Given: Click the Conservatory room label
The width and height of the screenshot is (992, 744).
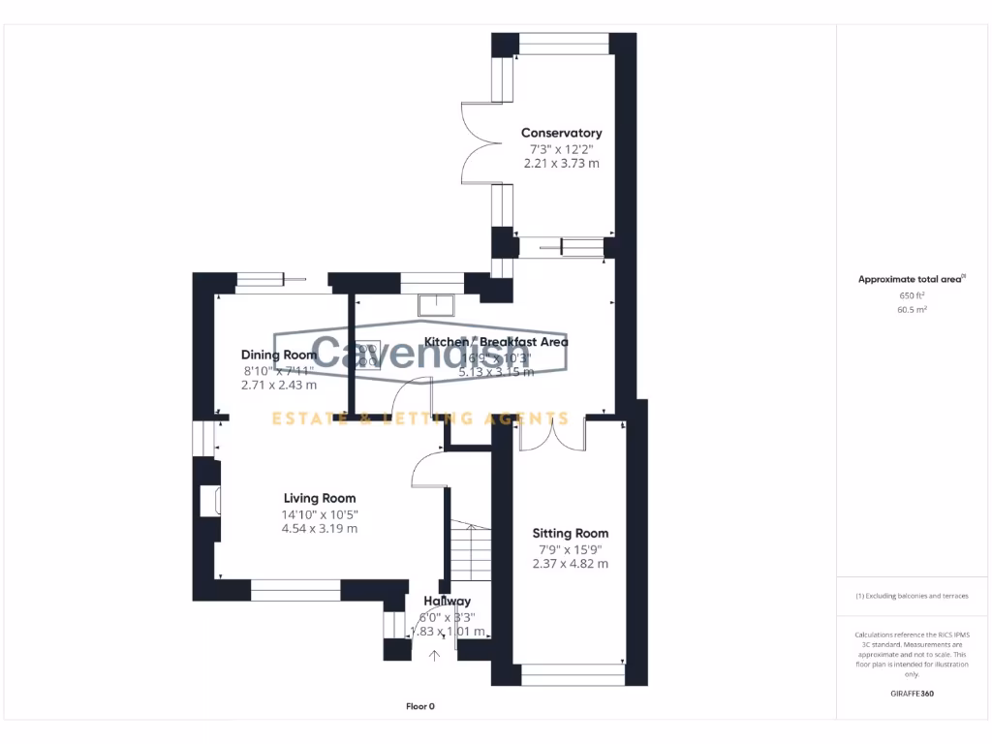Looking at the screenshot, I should [561, 133].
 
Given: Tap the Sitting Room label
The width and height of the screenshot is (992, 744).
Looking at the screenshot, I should [571, 533].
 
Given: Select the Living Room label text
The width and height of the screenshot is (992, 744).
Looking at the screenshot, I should [319, 498].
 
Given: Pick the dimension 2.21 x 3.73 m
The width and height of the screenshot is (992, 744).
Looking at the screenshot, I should [561, 164].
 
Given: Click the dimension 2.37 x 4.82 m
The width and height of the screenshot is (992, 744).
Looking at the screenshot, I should [571, 564].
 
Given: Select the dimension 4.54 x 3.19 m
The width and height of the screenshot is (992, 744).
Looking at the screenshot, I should [319, 529].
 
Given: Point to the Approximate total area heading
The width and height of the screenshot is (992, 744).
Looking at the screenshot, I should [911, 279].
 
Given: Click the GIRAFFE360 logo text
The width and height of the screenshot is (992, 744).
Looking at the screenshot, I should [912, 694].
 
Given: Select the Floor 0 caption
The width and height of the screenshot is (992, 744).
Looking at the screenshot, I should [419, 706].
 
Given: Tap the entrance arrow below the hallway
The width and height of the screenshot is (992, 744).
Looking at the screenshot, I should [434, 656].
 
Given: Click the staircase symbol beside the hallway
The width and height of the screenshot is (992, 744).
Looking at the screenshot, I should [469, 551].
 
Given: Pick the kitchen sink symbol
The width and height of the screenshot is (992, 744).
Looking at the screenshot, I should [437, 304].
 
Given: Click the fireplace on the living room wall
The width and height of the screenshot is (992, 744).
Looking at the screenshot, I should [208, 501].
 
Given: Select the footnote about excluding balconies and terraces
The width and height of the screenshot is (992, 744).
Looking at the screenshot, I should [911, 596].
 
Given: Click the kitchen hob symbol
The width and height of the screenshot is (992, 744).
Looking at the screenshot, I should [367, 356].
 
